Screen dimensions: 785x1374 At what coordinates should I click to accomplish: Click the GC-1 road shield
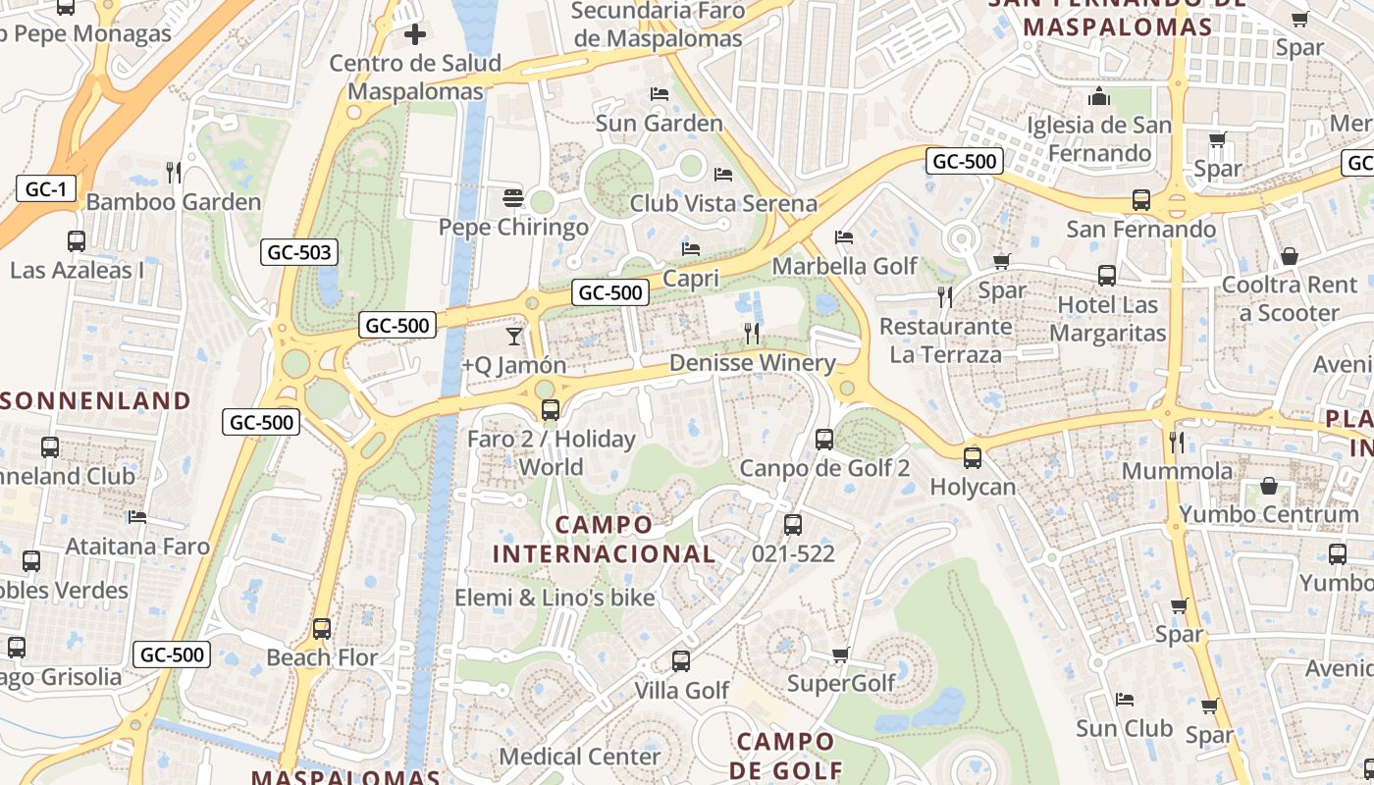point(46,189)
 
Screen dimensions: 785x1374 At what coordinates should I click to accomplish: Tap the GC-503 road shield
point(299,252)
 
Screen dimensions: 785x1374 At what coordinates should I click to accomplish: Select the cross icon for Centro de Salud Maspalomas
point(415,34)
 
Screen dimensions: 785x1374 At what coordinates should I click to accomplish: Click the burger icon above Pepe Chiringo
point(512,198)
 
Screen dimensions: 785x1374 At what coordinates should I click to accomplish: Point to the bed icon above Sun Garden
point(660,94)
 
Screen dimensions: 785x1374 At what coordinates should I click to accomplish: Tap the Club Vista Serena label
point(723,203)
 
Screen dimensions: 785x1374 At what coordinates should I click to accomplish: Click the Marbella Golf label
point(844,266)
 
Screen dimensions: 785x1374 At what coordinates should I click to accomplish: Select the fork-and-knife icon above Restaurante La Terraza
point(945,296)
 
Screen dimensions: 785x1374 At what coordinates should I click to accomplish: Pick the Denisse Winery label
point(752,363)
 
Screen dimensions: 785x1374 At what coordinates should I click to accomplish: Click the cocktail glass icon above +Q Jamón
point(514,337)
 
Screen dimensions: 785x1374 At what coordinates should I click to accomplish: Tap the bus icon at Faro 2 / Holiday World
point(551,410)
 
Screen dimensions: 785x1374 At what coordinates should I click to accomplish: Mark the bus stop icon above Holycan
point(972,457)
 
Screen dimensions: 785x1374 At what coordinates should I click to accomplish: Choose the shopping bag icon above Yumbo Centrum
point(1269,486)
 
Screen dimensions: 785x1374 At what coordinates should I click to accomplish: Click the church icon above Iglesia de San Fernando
point(1099,96)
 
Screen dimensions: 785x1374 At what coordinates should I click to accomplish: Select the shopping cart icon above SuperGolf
point(840,654)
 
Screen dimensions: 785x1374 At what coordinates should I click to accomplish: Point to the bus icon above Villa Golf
point(681,661)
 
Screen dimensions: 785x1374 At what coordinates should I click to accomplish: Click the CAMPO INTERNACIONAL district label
point(604,539)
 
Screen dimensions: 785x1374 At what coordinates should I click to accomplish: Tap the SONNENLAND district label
point(95,400)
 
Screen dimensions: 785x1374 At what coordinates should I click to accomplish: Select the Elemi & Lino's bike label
point(555,598)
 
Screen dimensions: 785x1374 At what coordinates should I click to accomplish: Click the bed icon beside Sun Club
point(1125,700)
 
